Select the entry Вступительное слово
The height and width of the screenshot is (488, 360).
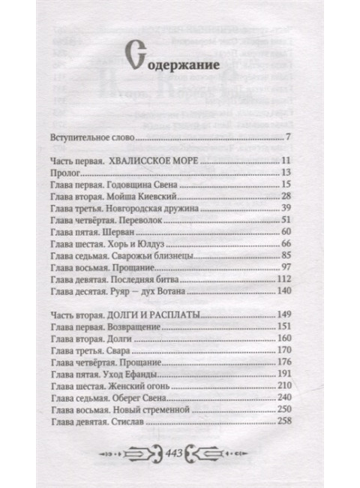click(93, 139)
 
